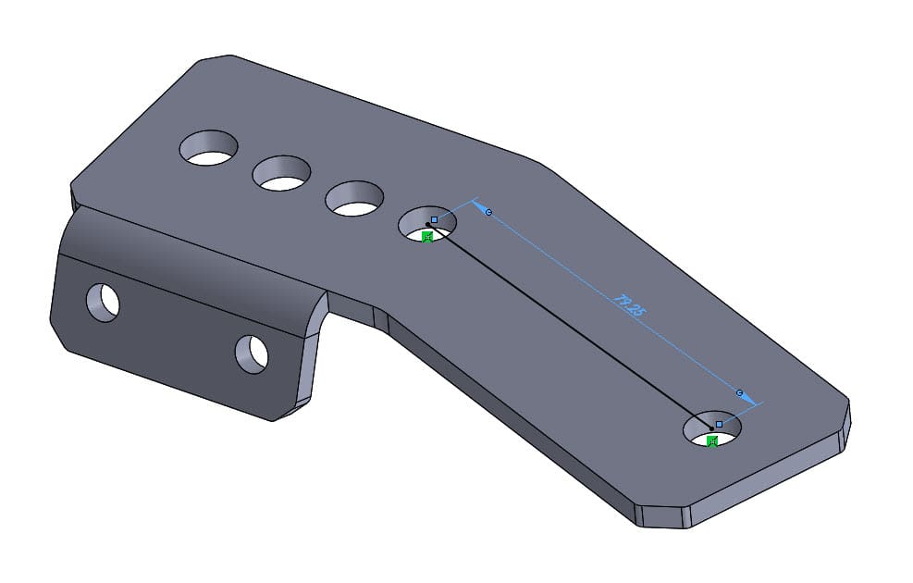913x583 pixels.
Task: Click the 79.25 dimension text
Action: [x=628, y=305]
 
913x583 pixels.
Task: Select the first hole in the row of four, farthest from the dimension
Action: [x=209, y=148]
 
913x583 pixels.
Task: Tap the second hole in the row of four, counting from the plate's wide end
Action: [x=281, y=173]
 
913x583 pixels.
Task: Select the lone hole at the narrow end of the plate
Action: [x=712, y=429]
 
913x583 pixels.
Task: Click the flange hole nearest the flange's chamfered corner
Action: [x=104, y=302]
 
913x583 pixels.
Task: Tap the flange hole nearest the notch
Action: [x=252, y=354]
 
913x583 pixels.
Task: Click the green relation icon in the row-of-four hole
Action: [x=427, y=238]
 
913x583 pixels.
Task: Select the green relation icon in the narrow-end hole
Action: [x=712, y=441]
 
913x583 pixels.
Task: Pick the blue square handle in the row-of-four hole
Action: [x=434, y=219]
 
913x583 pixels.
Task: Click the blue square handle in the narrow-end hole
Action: [x=719, y=424]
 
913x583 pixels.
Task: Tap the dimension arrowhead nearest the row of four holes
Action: [x=480, y=205]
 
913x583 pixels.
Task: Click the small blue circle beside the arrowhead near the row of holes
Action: [x=489, y=213]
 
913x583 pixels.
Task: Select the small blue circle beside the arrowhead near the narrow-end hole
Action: [x=739, y=392]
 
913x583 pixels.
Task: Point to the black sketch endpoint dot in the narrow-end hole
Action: [x=711, y=428]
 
